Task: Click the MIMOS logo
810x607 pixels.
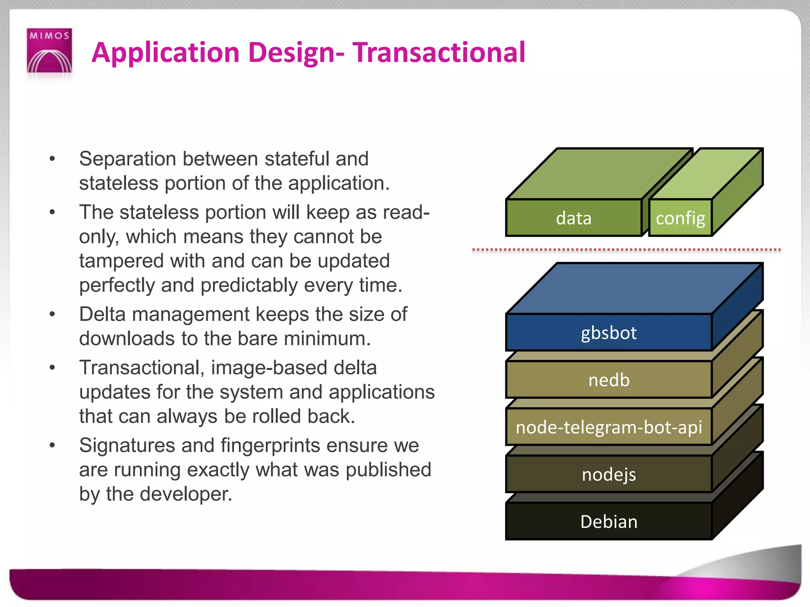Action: (49, 51)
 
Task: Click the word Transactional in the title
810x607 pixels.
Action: (439, 53)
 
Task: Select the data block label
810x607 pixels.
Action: (573, 218)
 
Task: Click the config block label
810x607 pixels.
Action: (680, 218)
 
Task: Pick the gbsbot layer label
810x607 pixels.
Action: (609, 333)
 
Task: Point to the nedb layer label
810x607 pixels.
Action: (609, 380)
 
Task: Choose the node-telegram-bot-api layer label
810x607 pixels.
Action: (609, 427)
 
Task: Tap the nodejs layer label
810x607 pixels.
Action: (609, 475)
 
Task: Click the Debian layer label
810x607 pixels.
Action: (609, 522)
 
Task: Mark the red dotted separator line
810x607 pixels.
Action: (626, 250)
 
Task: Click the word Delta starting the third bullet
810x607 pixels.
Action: (102, 315)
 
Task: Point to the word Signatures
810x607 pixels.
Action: (127, 446)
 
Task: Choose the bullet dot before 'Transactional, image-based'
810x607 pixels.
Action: (52, 368)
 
